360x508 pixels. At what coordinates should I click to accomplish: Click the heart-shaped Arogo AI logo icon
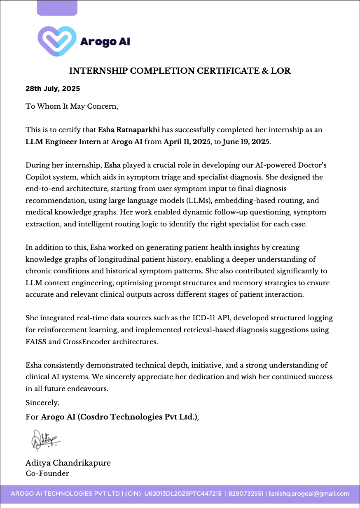(x=57, y=41)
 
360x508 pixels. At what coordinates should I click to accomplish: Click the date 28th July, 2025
(x=53, y=89)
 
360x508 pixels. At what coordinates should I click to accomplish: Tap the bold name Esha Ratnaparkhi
(x=129, y=130)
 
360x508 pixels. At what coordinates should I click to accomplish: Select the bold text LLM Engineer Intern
(x=63, y=142)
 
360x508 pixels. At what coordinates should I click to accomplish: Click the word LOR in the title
(x=281, y=71)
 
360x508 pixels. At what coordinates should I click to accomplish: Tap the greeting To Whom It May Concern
(x=72, y=106)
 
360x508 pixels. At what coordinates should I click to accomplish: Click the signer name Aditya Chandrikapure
(x=68, y=463)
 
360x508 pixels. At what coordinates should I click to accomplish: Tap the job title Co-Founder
(x=47, y=473)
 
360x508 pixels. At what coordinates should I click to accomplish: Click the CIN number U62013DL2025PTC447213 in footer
(x=183, y=494)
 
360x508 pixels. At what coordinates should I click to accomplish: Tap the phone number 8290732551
(x=246, y=494)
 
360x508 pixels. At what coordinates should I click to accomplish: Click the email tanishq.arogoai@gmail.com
(x=309, y=494)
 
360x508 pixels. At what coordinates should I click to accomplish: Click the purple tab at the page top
(x=57, y=8)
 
